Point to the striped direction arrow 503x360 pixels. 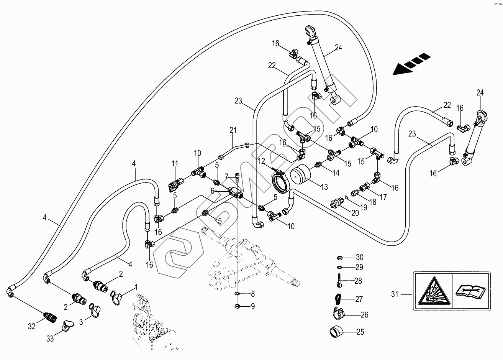click(x=410, y=64)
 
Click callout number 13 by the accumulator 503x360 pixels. click(x=324, y=187)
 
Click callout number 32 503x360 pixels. click(x=31, y=326)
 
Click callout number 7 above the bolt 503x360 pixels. click(x=227, y=176)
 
